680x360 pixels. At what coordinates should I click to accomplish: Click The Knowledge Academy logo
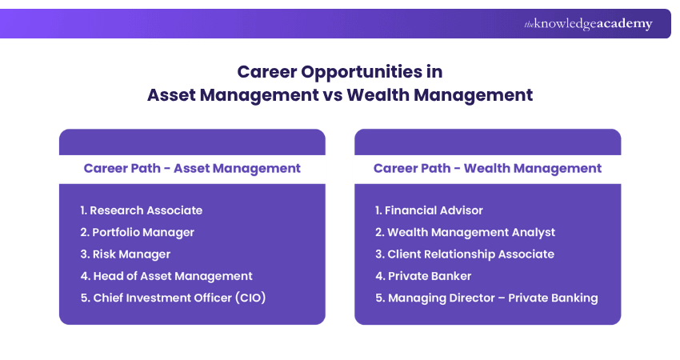[x=588, y=24]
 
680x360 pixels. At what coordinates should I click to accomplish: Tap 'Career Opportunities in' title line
[x=340, y=72]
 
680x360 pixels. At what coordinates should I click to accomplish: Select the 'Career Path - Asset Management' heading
[x=192, y=168]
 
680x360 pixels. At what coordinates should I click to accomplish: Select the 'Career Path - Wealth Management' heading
[x=487, y=168]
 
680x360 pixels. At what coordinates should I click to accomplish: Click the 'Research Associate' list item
[x=141, y=210]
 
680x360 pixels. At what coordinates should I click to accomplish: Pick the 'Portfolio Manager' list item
[x=137, y=232]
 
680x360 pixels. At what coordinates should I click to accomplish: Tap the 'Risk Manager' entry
[x=125, y=254]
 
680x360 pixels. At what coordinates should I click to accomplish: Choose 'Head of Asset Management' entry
[x=166, y=276]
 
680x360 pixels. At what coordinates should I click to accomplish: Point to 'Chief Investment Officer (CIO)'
[x=173, y=298]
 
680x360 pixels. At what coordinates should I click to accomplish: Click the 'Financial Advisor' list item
[x=429, y=210]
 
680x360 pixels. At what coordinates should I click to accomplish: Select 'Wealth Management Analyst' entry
[x=465, y=232]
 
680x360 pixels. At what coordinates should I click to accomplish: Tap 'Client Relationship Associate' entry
[x=464, y=254]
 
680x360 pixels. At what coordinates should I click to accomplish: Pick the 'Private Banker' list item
[x=423, y=276]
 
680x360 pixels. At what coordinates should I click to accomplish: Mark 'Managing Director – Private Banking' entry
[x=486, y=298]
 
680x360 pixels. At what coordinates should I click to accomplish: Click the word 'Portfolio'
[x=117, y=232]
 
